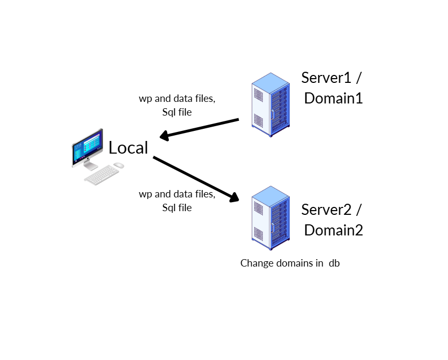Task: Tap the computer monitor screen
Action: [87, 148]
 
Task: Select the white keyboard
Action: [102, 175]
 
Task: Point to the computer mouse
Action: [119, 165]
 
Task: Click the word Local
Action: [128, 148]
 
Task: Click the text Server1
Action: [326, 78]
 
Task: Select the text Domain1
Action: [333, 98]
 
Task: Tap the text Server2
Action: [326, 210]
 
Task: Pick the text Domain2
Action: [333, 230]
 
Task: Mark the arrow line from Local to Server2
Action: [193, 177]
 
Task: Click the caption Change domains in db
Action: [290, 263]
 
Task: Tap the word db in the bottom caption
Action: [334, 263]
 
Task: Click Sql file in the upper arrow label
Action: [177, 112]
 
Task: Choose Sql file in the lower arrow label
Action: [177, 207]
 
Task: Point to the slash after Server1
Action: [358, 78]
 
